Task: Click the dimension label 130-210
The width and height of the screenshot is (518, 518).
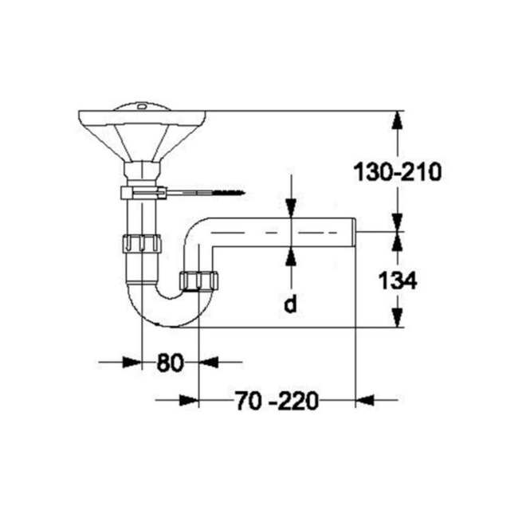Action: pos(398,172)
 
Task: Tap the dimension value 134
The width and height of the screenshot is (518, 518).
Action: pos(398,281)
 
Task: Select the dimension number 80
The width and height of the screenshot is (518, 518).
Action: pos(170,363)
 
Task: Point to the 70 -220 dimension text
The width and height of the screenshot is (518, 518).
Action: pos(277,401)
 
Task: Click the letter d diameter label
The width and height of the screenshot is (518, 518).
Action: pos(290,304)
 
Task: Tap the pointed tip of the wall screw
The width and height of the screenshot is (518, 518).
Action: pos(245,192)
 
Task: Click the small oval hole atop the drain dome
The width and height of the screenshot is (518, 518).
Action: pos(143,106)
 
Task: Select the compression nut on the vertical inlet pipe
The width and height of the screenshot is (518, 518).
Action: pos(141,244)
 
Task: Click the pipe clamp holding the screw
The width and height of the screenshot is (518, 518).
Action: pos(143,193)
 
